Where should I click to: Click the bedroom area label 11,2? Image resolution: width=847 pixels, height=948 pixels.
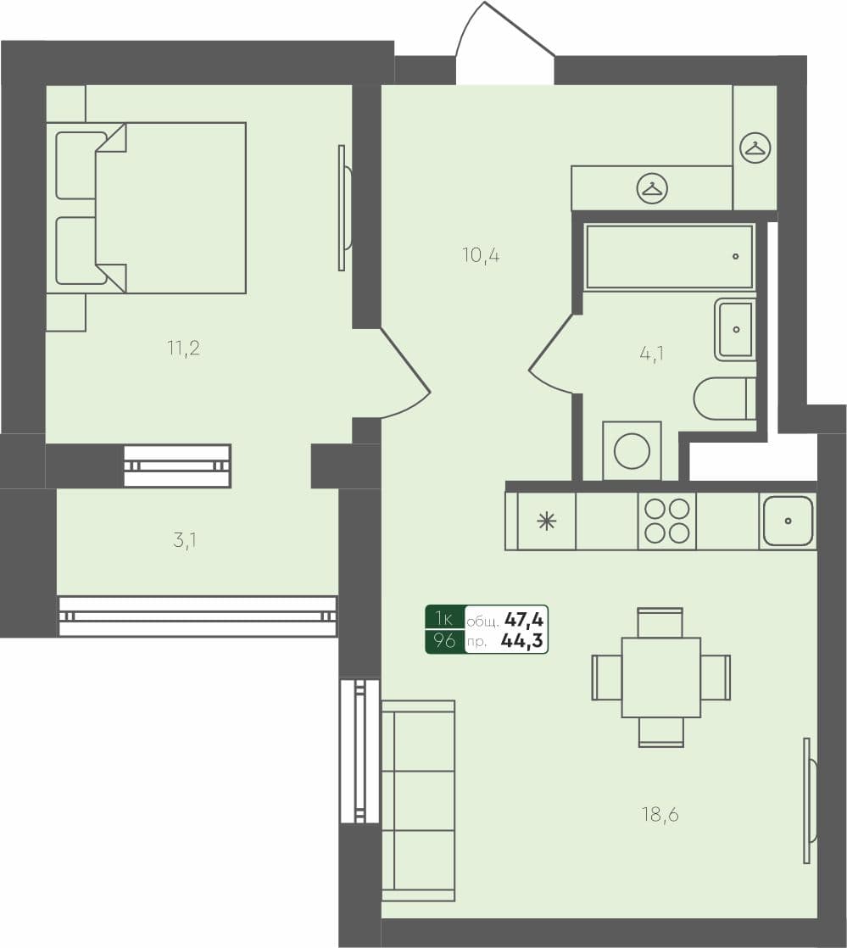tap(183, 348)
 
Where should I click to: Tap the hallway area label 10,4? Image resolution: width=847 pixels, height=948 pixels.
tap(481, 254)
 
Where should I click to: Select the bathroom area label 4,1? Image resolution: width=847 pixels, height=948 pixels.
tap(651, 353)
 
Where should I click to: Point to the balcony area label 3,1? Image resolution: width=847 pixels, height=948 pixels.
tap(185, 540)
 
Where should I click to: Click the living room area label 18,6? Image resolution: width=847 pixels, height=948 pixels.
tap(660, 815)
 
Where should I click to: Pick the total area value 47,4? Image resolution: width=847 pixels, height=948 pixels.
tap(525, 619)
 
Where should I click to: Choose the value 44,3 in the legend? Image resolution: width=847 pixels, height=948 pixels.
tap(522, 641)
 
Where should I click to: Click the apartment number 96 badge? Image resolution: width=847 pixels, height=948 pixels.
tap(444, 641)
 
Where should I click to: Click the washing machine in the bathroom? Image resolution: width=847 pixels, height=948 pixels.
tap(632, 450)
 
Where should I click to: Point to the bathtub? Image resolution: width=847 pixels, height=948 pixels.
tap(669, 256)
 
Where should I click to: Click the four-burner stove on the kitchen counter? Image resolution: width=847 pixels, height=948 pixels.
tap(666, 521)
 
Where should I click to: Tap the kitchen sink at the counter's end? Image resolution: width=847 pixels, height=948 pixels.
tap(788, 521)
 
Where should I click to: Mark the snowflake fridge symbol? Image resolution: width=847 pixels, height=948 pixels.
tap(547, 521)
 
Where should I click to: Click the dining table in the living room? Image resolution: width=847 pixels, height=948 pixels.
tap(660, 677)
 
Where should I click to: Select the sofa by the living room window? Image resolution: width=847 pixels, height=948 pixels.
tap(418, 800)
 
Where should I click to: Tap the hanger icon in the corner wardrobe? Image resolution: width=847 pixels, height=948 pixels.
tap(754, 148)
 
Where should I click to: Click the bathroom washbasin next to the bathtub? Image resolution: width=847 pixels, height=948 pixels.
tap(735, 329)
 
